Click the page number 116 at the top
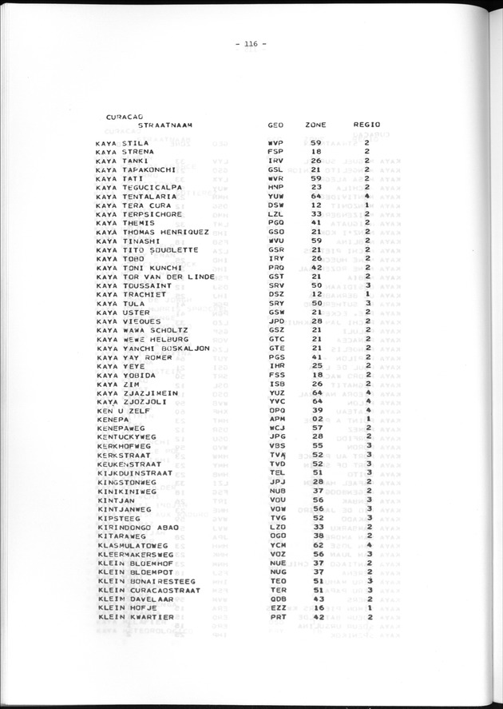[251, 45]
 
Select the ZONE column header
[315, 125]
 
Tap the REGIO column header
[366, 125]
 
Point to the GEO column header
[275, 125]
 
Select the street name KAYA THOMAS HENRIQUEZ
[152, 232]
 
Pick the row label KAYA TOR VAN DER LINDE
[152, 276]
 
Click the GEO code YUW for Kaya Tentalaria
[276, 196]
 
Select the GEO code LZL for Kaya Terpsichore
[276, 214]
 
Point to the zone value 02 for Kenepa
[316, 418]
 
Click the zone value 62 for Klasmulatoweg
[316, 545]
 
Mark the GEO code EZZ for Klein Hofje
[276, 608]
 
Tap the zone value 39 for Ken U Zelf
[316, 409]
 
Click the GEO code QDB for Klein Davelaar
[276, 599]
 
